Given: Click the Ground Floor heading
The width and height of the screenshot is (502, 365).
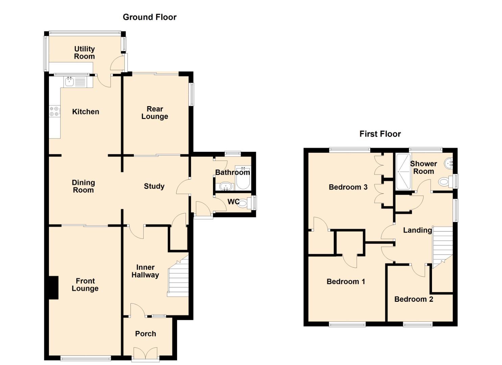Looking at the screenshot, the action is click(150, 17).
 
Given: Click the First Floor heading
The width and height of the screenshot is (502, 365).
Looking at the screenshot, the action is click(380, 134).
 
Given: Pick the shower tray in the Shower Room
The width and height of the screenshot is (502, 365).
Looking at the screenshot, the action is click(403, 172).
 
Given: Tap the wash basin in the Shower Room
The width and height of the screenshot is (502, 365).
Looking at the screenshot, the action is click(449, 163).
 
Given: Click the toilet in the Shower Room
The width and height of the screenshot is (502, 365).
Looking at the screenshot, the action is click(446, 181).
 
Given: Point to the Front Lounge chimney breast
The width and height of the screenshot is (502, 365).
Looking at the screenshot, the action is click(53, 288).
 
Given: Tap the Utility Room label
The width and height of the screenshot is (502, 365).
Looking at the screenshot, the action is click(85, 53).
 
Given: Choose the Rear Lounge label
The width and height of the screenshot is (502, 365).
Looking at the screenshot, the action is click(154, 113).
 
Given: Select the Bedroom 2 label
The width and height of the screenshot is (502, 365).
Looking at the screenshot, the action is click(414, 299).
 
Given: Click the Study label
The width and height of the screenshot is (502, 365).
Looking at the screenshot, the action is click(154, 187).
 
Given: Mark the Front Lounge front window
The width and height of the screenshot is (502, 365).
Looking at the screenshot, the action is click(86, 359).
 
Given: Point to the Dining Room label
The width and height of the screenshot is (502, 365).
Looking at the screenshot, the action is click(83, 187).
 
